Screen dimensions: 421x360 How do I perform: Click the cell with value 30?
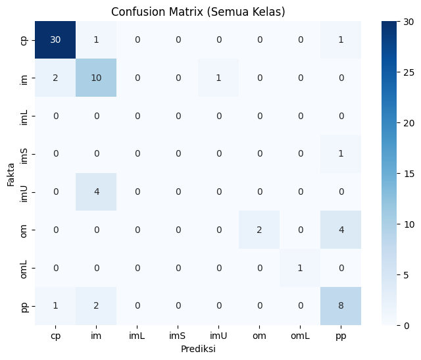55,39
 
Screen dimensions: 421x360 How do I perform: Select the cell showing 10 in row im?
96,78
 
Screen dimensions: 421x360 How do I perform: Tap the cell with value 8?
341,306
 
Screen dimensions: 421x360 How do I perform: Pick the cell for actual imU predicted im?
96,192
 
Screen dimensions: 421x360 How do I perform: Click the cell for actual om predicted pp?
341,230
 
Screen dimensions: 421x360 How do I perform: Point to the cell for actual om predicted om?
259,230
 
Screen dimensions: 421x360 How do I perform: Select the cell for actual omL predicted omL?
300,268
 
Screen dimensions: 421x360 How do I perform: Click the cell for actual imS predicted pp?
341,153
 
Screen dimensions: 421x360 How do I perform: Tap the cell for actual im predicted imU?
218,78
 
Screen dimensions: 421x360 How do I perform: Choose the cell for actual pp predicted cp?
55,306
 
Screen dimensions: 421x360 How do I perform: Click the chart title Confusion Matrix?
198,12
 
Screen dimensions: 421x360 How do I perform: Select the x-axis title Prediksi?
198,349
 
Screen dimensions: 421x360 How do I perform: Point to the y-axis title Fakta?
11,174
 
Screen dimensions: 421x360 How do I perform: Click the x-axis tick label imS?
178,336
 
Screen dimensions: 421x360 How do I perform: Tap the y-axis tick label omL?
24,269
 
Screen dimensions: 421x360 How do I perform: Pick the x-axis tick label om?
259,336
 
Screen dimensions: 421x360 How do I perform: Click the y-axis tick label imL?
24,116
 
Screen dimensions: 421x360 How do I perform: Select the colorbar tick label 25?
409,72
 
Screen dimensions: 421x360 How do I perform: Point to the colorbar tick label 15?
409,174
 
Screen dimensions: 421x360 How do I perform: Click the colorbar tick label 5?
407,275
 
